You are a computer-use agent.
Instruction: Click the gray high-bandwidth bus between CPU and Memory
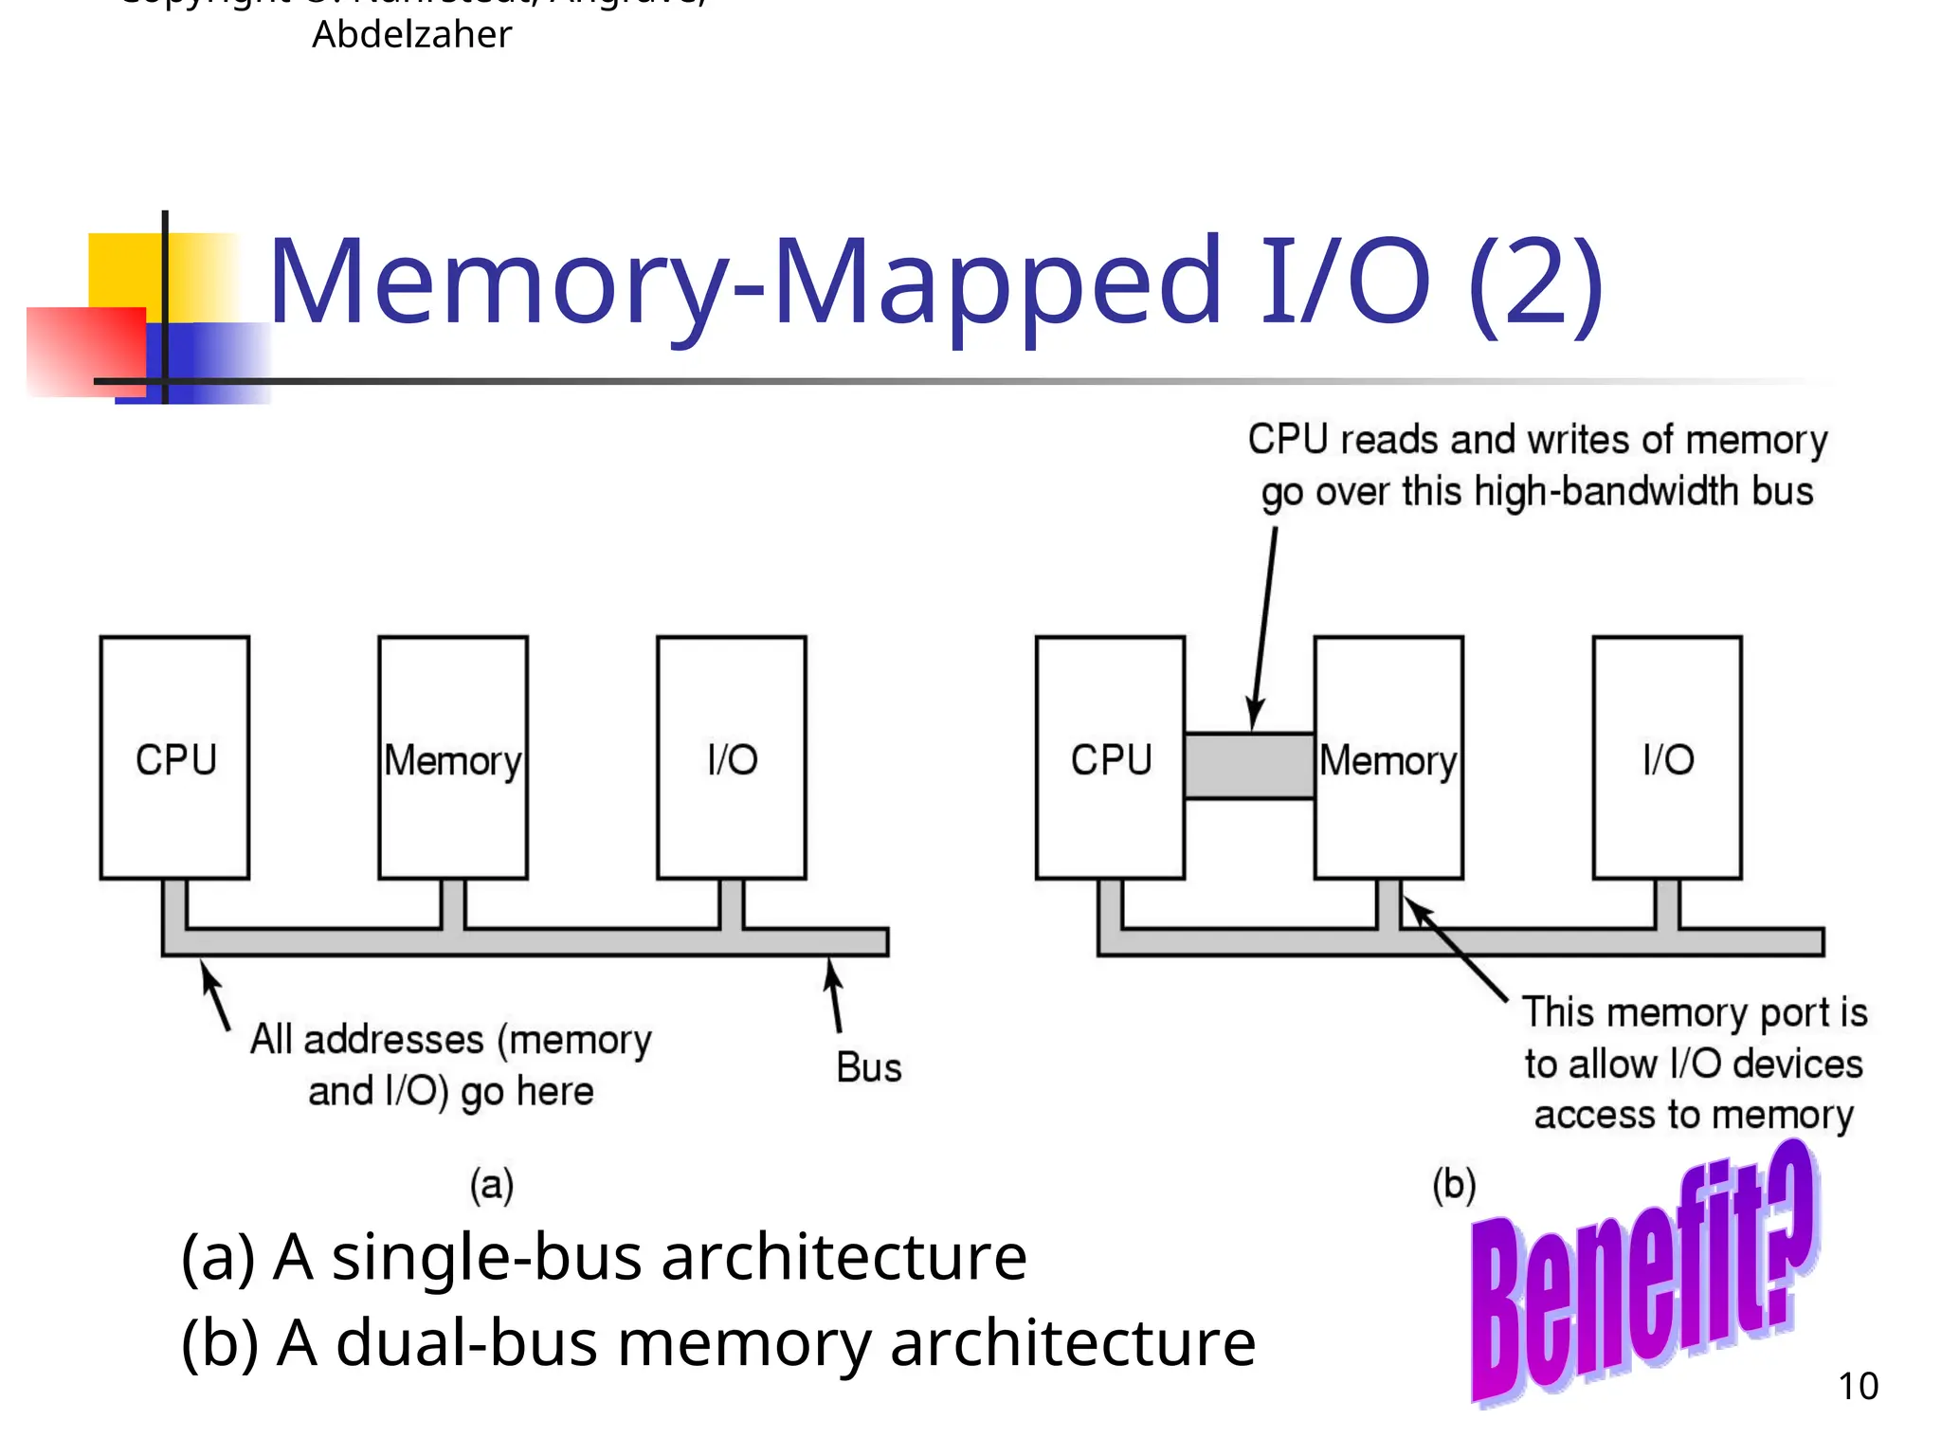pos(1249,766)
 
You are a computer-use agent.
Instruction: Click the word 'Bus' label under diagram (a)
pos(868,1068)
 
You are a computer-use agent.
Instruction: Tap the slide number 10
pos(1858,1387)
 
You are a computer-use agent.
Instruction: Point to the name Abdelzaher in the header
pos(412,35)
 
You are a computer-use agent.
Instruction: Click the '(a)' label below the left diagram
pos(492,1185)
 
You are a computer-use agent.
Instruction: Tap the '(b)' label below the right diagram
pos(1454,1185)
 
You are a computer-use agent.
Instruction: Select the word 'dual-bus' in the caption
pos(466,1344)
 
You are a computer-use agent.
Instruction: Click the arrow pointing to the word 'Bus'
pos(834,995)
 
